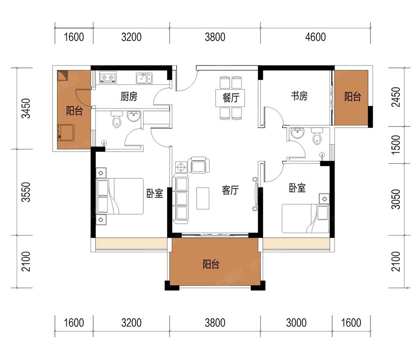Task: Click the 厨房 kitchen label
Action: pyautogui.click(x=129, y=96)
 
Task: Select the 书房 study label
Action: pyautogui.click(x=299, y=96)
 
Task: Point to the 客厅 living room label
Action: pyautogui.click(x=230, y=190)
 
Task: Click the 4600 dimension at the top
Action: pyautogui.click(x=315, y=37)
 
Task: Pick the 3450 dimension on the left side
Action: pyautogui.click(x=26, y=108)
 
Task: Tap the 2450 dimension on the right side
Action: pyautogui.click(x=396, y=97)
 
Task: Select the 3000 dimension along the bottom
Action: pyautogui.click(x=297, y=323)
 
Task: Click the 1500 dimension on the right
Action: pyautogui.click(x=396, y=145)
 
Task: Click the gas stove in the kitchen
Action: pyautogui.click(x=108, y=77)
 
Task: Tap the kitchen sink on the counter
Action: pyautogui.click(x=144, y=78)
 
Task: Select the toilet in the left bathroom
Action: pyautogui.click(x=117, y=119)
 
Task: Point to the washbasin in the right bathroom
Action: pyautogui.click(x=297, y=133)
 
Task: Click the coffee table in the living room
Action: pyautogui.click(x=203, y=198)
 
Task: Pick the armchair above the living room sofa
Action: pyautogui.click(x=199, y=165)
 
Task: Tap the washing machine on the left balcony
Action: pyautogui.click(x=66, y=132)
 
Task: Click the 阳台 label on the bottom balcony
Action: pyautogui.click(x=211, y=264)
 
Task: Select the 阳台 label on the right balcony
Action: pyautogui.click(x=353, y=96)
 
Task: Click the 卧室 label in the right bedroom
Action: pyautogui.click(x=297, y=188)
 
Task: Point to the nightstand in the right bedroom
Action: pyautogui.click(x=324, y=199)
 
